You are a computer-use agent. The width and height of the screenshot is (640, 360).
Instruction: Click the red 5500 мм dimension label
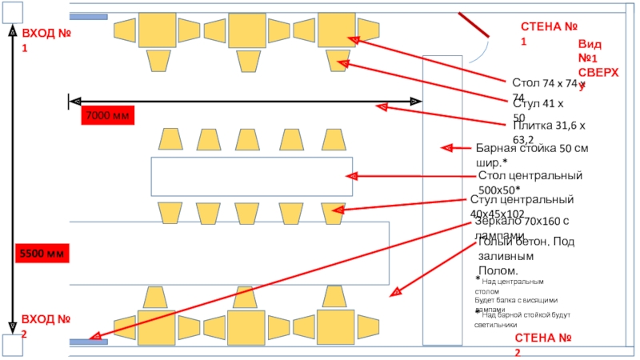click(44, 254)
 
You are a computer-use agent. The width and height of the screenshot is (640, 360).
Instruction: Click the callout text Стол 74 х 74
click(549, 89)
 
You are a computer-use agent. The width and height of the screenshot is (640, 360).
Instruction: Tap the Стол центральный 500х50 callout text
click(529, 182)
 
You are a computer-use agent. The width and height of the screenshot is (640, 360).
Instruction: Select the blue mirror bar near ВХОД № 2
click(89, 342)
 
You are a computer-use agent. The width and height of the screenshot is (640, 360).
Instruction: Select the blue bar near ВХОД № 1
click(89, 16)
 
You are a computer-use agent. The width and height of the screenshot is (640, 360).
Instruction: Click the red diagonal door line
click(474, 25)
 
